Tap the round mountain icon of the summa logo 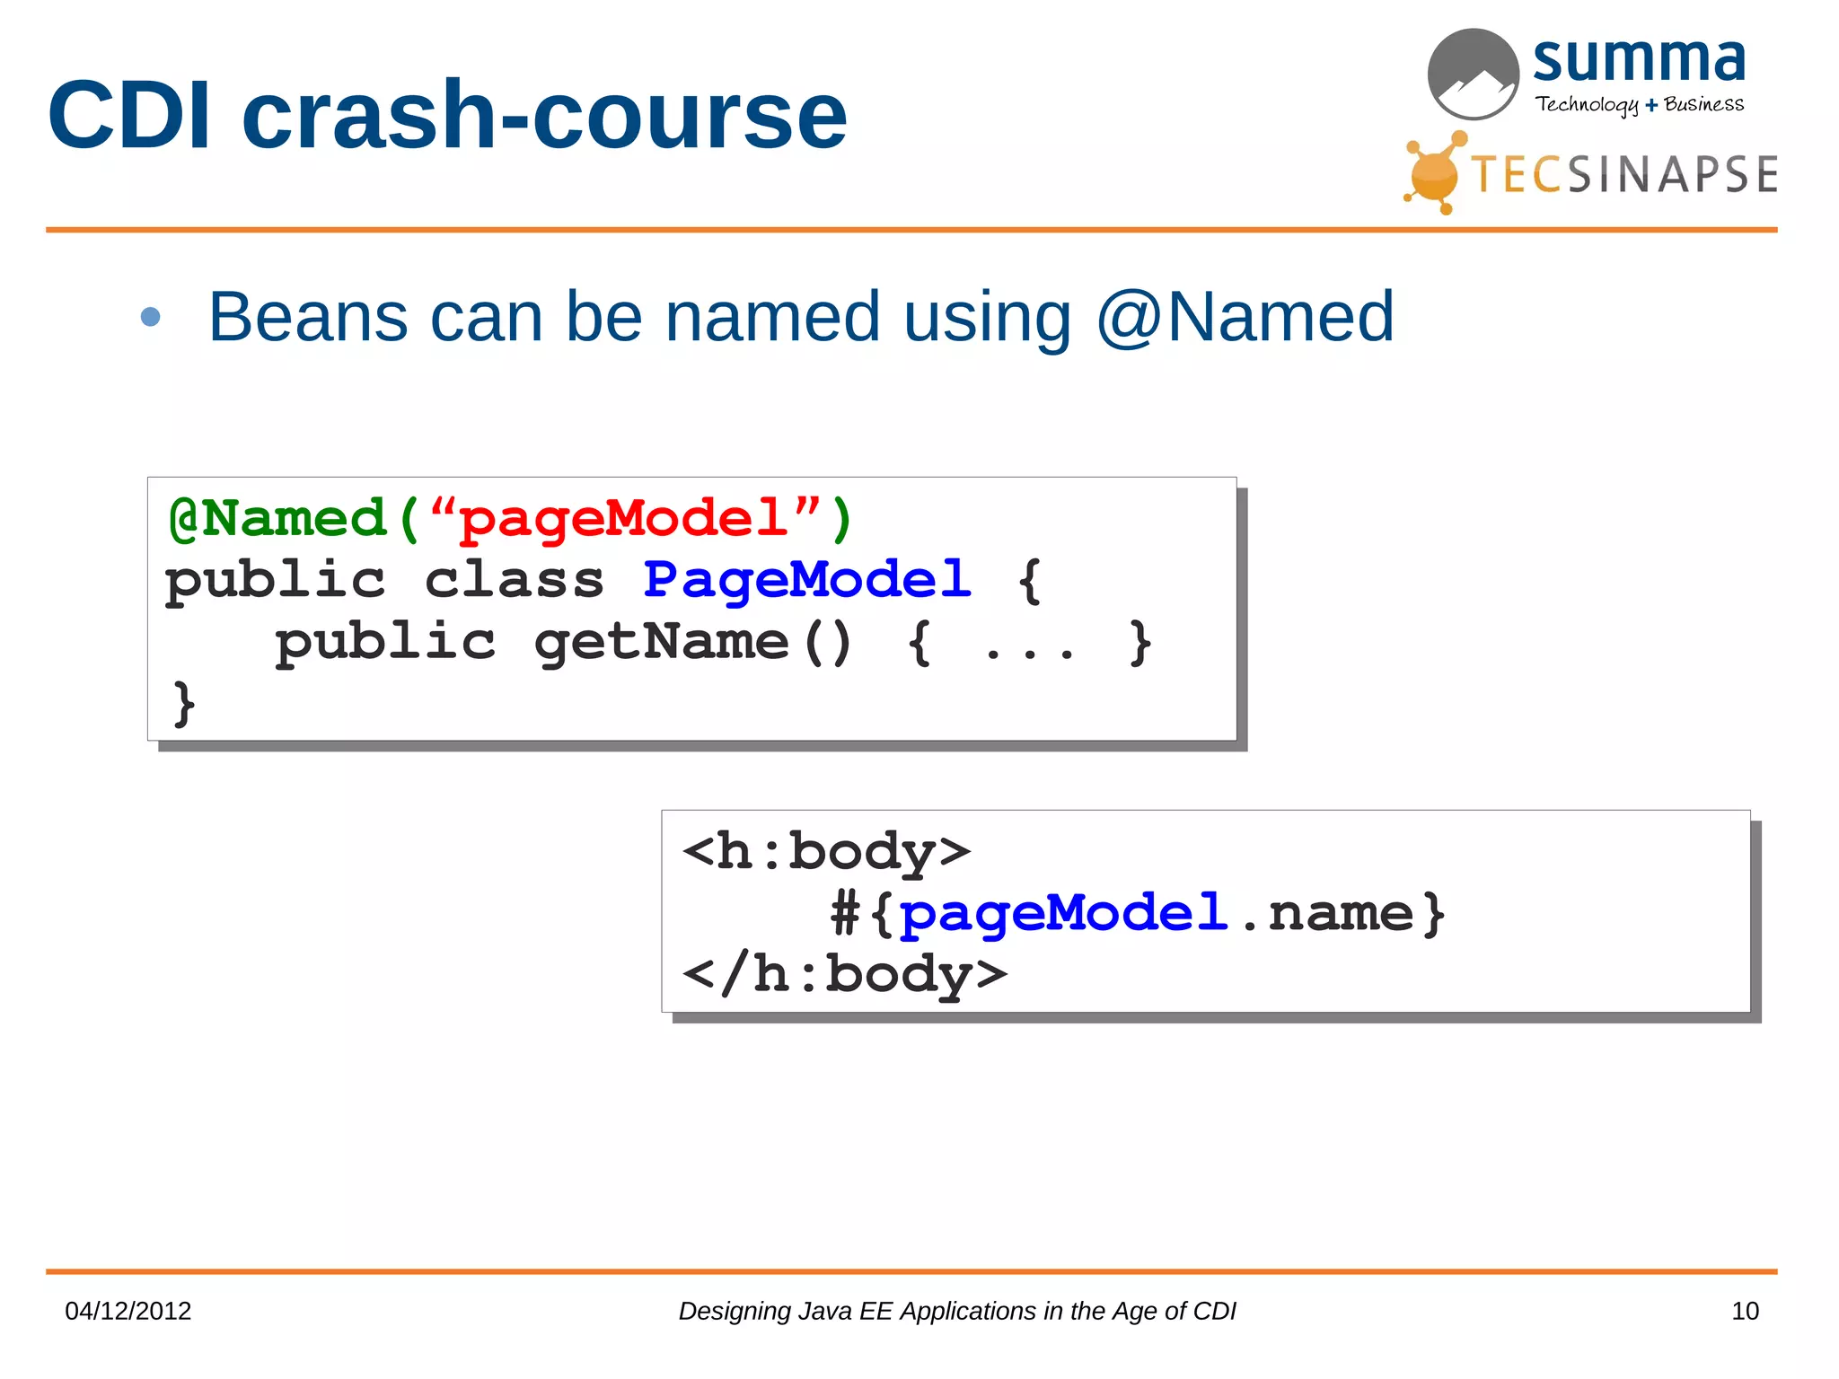point(1473,74)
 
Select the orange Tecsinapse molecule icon point(1434,173)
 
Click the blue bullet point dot point(150,317)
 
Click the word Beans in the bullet point(308,317)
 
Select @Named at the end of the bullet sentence point(1245,317)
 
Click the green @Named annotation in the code point(277,519)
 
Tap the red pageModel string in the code point(623,519)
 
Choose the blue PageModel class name point(807,580)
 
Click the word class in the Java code point(515,580)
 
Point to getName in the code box point(661,642)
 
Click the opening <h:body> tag point(826,851)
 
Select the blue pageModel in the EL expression point(1063,913)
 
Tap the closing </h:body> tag point(844,974)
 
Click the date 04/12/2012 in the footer point(128,1311)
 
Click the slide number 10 point(1745,1311)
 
